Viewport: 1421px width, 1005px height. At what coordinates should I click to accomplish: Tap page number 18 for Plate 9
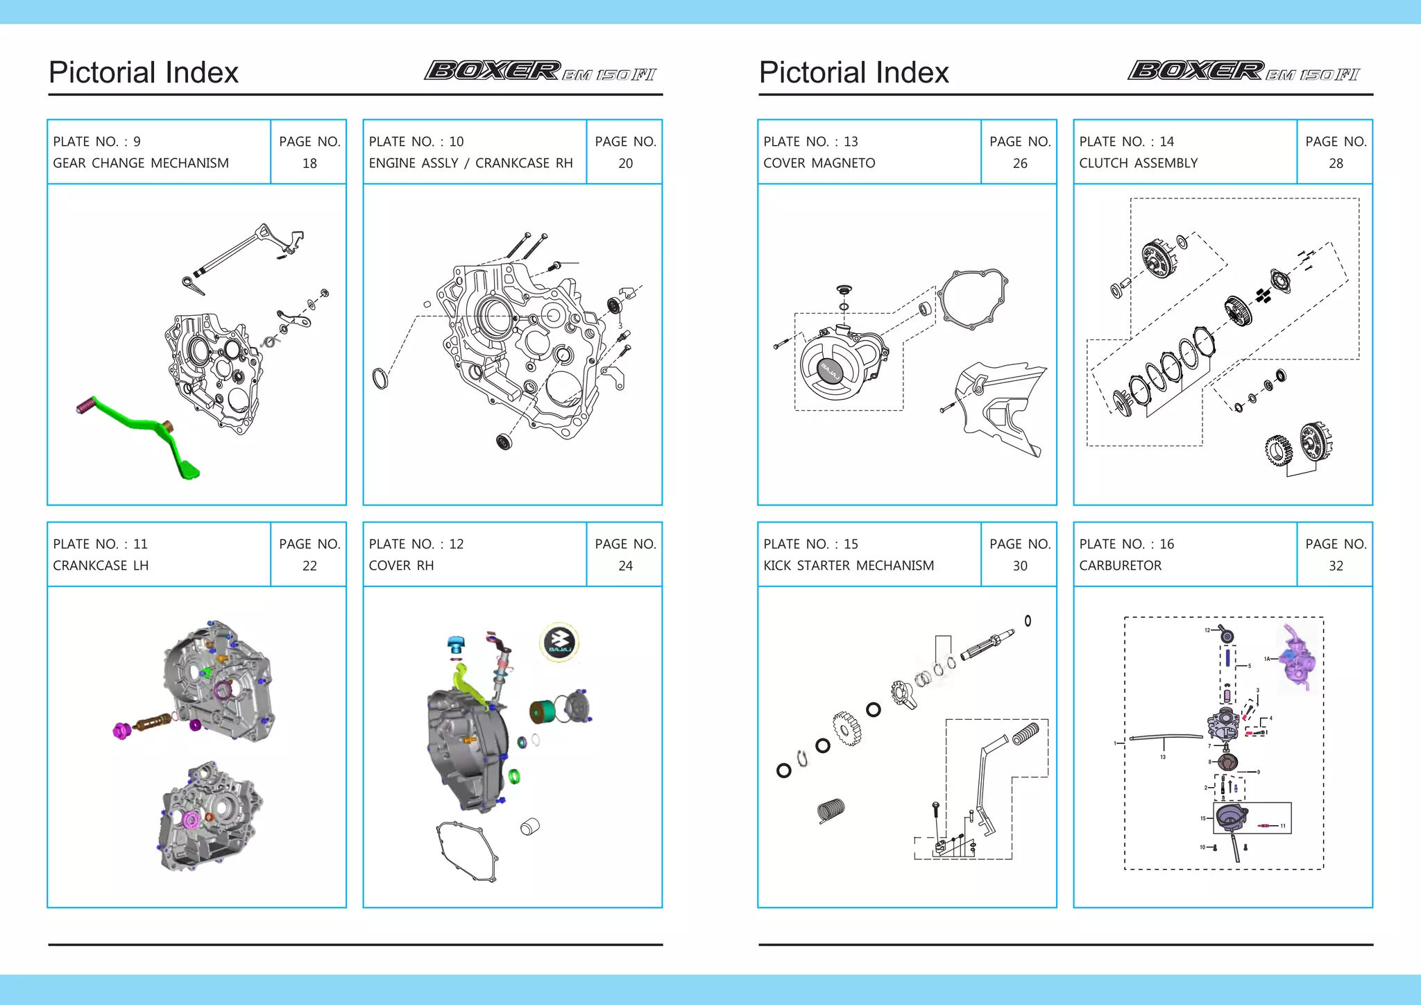pyautogui.click(x=309, y=163)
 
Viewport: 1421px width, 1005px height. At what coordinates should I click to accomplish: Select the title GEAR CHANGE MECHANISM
pyautogui.click(x=141, y=163)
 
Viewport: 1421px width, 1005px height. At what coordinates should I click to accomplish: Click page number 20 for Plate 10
pyautogui.click(x=625, y=163)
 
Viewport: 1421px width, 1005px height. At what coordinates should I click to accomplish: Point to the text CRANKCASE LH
pyautogui.click(x=101, y=566)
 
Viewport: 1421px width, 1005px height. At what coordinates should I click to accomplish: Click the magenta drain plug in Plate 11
pyautogui.click(x=122, y=730)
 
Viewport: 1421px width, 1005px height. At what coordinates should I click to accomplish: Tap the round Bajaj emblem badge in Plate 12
pyautogui.click(x=559, y=643)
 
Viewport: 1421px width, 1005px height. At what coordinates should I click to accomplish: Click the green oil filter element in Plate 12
pyautogui.click(x=542, y=711)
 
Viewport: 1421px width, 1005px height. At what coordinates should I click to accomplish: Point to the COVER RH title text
pyautogui.click(x=401, y=566)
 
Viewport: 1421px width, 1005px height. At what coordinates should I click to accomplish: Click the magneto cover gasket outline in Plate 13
pyautogui.click(x=973, y=298)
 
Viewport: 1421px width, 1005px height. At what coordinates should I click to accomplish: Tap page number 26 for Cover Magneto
pyautogui.click(x=1019, y=163)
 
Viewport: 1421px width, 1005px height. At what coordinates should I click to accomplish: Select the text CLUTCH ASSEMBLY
pyautogui.click(x=1138, y=163)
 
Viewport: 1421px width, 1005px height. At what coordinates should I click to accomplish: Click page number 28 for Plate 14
pyautogui.click(x=1336, y=163)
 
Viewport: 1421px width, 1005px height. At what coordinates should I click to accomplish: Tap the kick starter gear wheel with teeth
pyautogui.click(x=847, y=729)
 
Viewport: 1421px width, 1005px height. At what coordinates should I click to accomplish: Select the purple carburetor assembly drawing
pyautogui.click(x=1296, y=658)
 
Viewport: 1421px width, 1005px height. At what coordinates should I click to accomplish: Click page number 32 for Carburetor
pyautogui.click(x=1336, y=566)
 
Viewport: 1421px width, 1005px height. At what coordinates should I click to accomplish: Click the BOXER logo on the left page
pyautogui.click(x=493, y=71)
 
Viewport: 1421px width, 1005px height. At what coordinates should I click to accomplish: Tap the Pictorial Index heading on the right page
pyautogui.click(x=853, y=73)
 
